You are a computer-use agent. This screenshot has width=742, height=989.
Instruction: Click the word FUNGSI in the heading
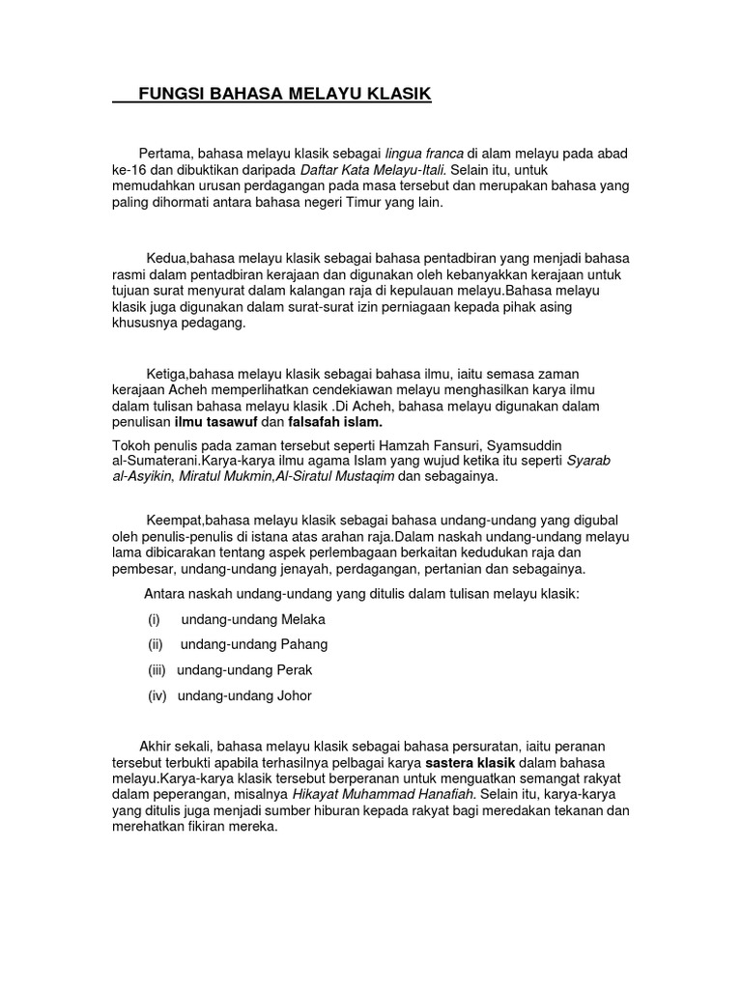170,94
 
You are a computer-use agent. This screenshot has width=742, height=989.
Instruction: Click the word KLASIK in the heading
396,94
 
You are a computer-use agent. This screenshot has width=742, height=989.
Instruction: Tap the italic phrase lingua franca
424,154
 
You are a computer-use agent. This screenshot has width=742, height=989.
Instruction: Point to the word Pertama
166,154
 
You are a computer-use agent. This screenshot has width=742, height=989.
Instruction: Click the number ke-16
129,170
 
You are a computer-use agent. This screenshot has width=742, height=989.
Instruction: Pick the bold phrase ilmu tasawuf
214,422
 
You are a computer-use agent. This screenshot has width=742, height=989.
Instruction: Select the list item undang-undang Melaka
253,619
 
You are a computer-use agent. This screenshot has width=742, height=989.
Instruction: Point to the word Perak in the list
294,669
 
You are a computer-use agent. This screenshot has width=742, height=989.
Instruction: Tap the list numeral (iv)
157,695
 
